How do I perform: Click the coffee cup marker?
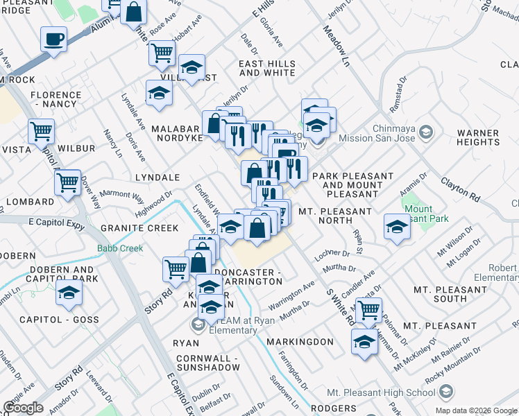point(53,39)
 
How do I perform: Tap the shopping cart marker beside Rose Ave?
point(162,52)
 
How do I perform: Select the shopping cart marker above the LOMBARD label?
point(67,183)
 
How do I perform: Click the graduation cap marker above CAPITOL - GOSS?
point(69,294)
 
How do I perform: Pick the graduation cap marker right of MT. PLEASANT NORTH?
point(397,227)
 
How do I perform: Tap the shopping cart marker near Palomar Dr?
point(369,310)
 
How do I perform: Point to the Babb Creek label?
point(120,248)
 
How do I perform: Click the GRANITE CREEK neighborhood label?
point(139,228)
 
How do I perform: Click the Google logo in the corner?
point(23,408)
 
